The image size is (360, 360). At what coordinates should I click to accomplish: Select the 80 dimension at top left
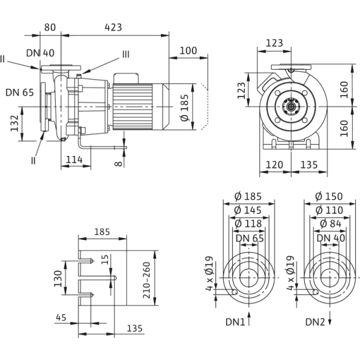pyautogui.click(x=50, y=26)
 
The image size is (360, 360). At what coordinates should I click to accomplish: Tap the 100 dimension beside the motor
pyautogui.click(x=188, y=52)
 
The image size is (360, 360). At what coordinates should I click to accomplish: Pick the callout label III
pyautogui.click(x=125, y=54)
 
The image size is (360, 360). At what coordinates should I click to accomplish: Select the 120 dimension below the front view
pyautogui.click(x=274, y=164)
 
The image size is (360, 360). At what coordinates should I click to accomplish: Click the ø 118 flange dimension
pyautogui.click(x=249, y=223)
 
